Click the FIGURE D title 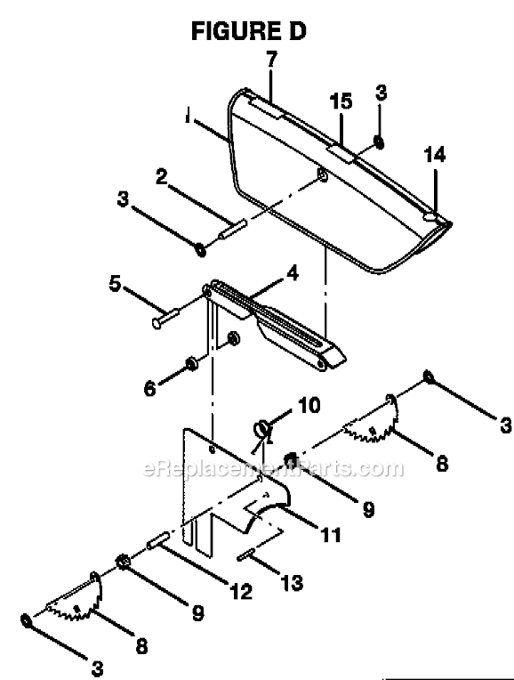249,32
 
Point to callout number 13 291,584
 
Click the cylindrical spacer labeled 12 161,539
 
